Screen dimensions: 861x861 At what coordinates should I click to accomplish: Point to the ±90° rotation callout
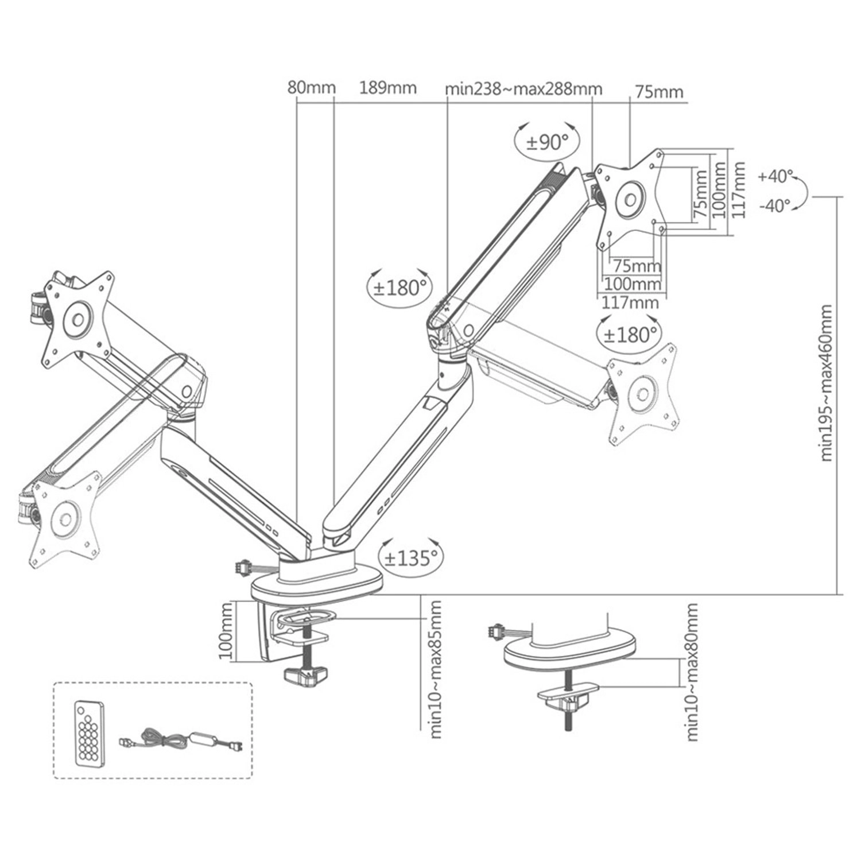(x=547, y=142)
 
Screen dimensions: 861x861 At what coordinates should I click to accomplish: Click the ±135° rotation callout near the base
(x=411, y=557)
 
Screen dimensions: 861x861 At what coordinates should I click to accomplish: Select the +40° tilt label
(x=775, y=176)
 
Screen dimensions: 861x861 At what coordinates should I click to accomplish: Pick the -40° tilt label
(x=775, y=205)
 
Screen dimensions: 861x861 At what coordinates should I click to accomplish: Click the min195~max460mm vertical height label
(x=826, y=383)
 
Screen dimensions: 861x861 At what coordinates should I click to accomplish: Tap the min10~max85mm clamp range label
(x=436, y=669)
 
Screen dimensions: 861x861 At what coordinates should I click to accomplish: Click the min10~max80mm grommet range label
(x=692, y=672)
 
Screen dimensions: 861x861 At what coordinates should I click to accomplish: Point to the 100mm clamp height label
(x=227, y=631)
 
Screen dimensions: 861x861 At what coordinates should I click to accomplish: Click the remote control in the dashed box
(x=90, y=733)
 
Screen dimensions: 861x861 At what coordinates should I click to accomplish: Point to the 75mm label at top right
(x=659, y=92)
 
